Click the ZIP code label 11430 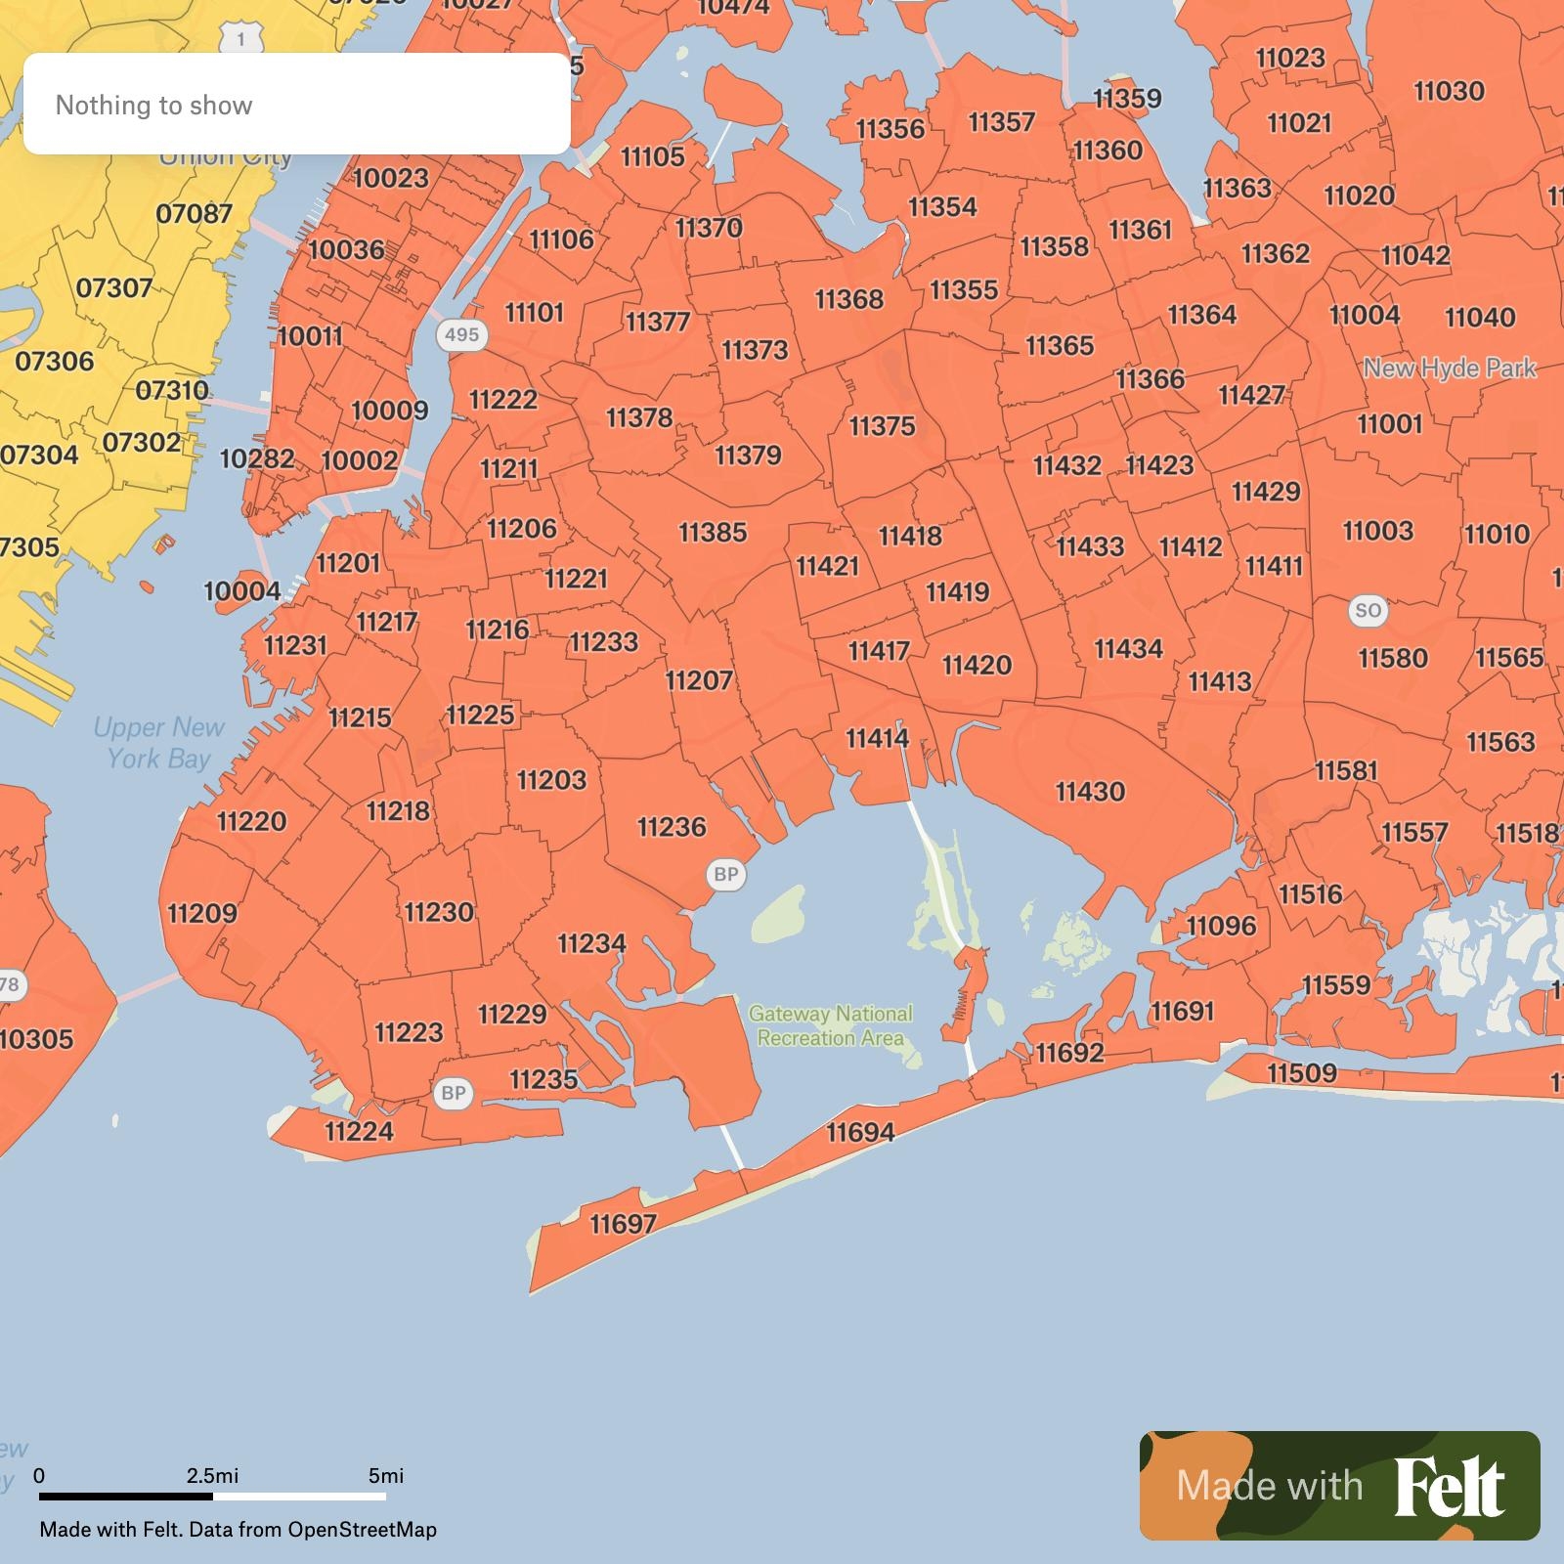1090,791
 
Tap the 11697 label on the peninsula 624,1223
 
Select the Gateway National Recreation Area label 830,1025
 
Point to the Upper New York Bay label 158,743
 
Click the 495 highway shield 461,334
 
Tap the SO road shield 1368,611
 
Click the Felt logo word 1449,1487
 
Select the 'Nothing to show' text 154,105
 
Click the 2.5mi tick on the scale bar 212,1476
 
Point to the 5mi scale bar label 386,1476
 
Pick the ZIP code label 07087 195,213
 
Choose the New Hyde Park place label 1450,369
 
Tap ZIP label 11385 713,532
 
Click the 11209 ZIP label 202,913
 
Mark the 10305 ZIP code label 37,1038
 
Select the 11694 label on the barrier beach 860,1132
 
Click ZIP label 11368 848,298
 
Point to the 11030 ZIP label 1449,91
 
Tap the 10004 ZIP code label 241,591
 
